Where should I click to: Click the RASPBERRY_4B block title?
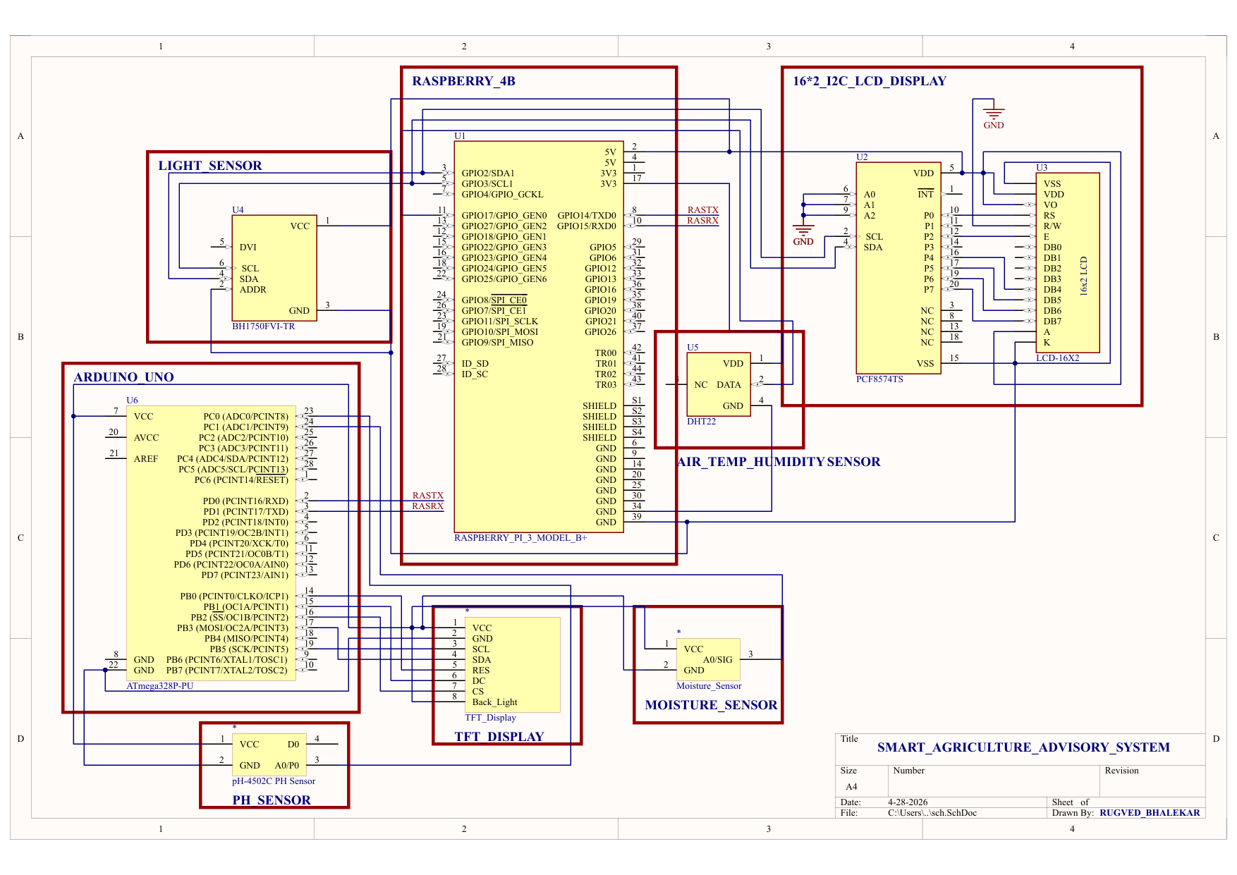(x=463, y=81)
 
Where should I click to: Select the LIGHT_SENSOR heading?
(x=210, y=166)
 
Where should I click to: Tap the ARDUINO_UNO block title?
(x=124, y=377)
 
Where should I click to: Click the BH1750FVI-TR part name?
(x=264, y=326)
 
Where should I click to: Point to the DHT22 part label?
(x=702, y=422)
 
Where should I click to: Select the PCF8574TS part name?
(x=879, y=379)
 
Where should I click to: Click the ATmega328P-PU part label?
(x=160, y=686)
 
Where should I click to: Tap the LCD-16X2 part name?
(x=1058, y=358)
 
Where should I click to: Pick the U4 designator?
(x=238, y=210)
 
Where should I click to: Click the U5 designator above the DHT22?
(x=693, y=348)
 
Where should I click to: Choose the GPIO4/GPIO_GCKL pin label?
(x=502, y=195)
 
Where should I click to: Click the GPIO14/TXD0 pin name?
(x=587, y=216)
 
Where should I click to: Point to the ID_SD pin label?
(x=475, y=364)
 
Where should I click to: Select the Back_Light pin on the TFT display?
(x=494, y=702)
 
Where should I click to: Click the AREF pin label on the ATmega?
(x=146, y=459)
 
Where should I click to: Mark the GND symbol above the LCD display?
(x=994, y=114)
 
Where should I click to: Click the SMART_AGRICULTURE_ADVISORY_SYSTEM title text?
(x=1023, y=747)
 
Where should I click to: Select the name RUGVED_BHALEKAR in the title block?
(x=1150, y=813)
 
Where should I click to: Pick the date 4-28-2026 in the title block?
(x=908, y=802)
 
